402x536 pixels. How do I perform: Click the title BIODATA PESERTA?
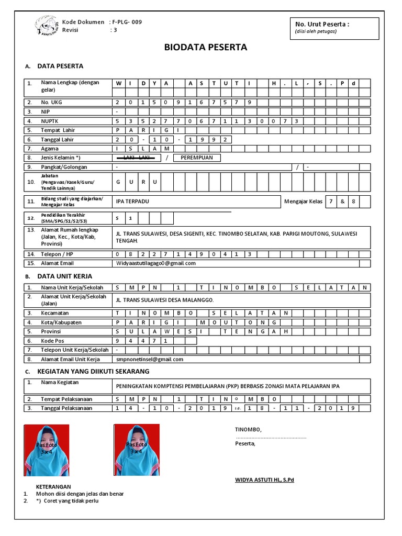point(205,48)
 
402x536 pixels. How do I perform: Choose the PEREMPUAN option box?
point(197,158)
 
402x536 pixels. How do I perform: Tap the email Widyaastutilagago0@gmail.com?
point(155,263)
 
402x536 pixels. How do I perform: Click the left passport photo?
point(47,450)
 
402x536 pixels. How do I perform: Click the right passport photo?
point(137,450)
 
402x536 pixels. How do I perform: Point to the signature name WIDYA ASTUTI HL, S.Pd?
point(264,479)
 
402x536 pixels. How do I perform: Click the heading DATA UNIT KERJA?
point(64,276)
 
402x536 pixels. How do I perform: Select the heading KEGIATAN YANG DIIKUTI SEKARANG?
point(93,371)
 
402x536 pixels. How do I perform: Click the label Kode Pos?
point(52,340)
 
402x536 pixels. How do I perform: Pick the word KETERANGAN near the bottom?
point(53,486)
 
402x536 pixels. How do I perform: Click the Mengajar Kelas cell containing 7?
point(330,202)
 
